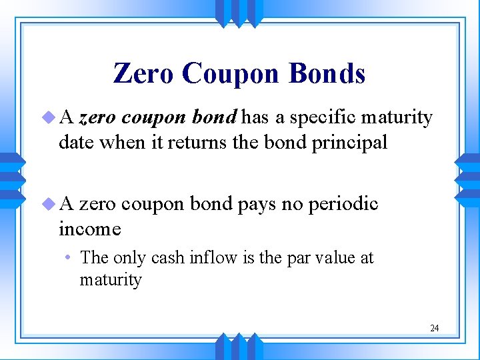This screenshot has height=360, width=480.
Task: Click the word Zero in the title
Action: click(x=143, y=73)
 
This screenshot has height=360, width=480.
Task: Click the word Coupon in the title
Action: click(x=231, y=73)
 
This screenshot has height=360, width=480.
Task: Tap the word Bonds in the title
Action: click(x=327, y=73)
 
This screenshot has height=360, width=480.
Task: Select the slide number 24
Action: click(x=434, y=328)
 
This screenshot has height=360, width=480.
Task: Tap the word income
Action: click(x=90, y=229)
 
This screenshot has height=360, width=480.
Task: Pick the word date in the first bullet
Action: click(x=75, y=142)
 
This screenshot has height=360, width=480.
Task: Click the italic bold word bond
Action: click(x=214, y=118)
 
